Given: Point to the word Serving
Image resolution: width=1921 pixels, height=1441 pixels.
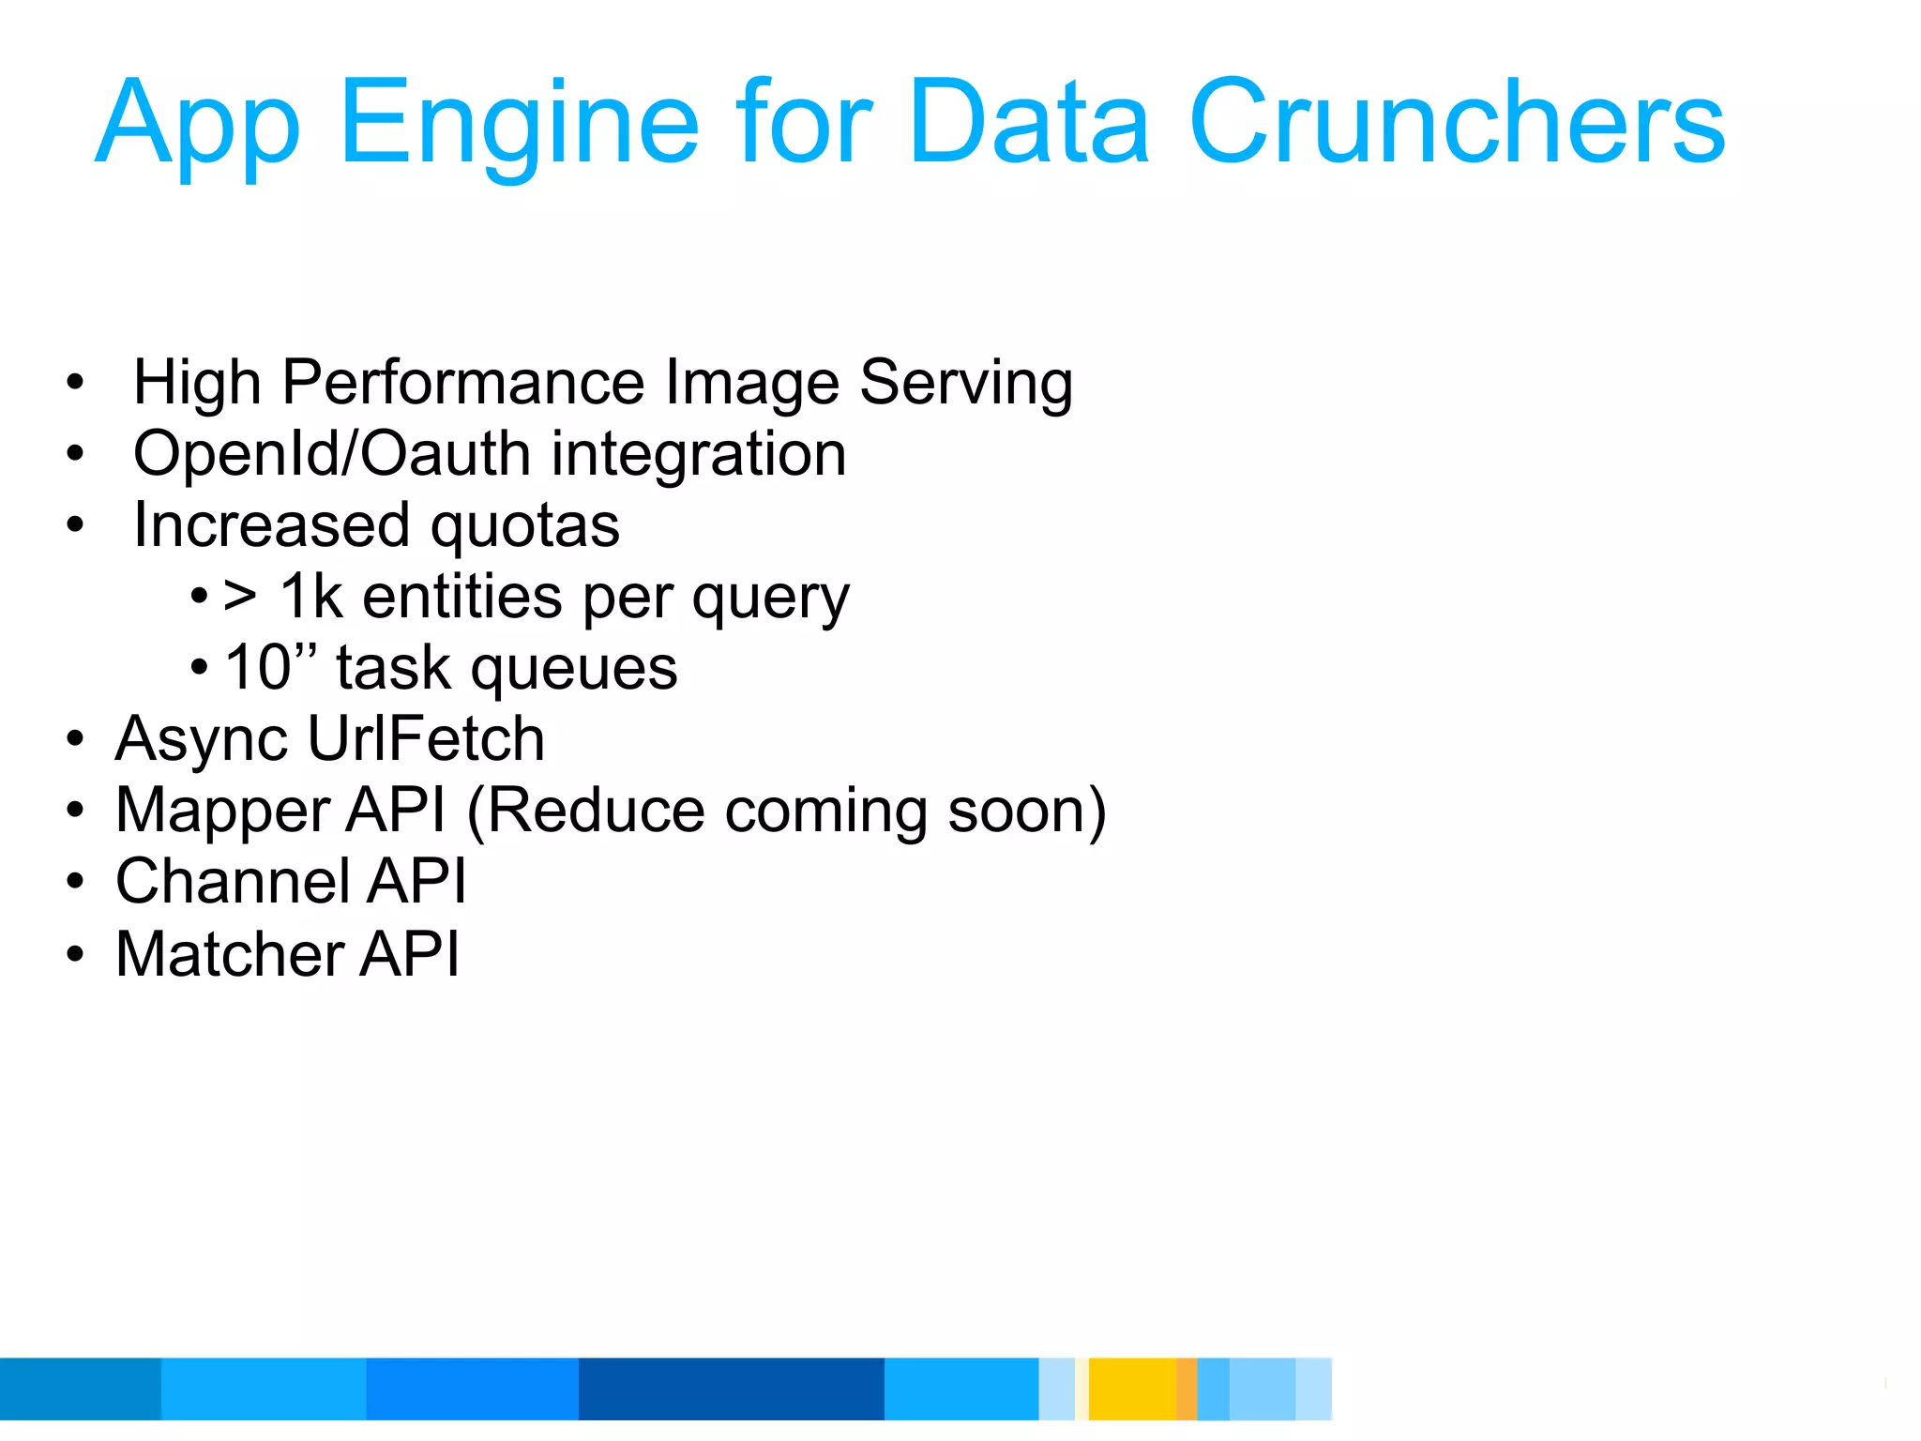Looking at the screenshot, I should [x=966, y=383].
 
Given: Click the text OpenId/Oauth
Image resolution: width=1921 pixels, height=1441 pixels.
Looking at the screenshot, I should [x=333, y=454].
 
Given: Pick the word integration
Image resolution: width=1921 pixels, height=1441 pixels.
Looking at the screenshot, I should [x=699, y=454].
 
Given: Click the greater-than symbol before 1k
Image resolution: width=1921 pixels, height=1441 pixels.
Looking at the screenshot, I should [x=240, y=598].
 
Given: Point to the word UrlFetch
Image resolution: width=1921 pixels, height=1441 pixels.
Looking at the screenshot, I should [x=426, y=739].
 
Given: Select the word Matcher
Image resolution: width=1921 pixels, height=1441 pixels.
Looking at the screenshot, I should [x=228, y=954].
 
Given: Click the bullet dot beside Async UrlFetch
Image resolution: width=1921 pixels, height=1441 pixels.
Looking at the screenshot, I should [x=76, y=739].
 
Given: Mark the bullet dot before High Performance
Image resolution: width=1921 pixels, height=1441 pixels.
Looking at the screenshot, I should [x=76, y=383].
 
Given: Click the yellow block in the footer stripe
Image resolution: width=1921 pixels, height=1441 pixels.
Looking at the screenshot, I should [x=1131, y=1388].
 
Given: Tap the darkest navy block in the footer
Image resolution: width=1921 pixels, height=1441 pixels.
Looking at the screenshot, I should [x=731, y=1388].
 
